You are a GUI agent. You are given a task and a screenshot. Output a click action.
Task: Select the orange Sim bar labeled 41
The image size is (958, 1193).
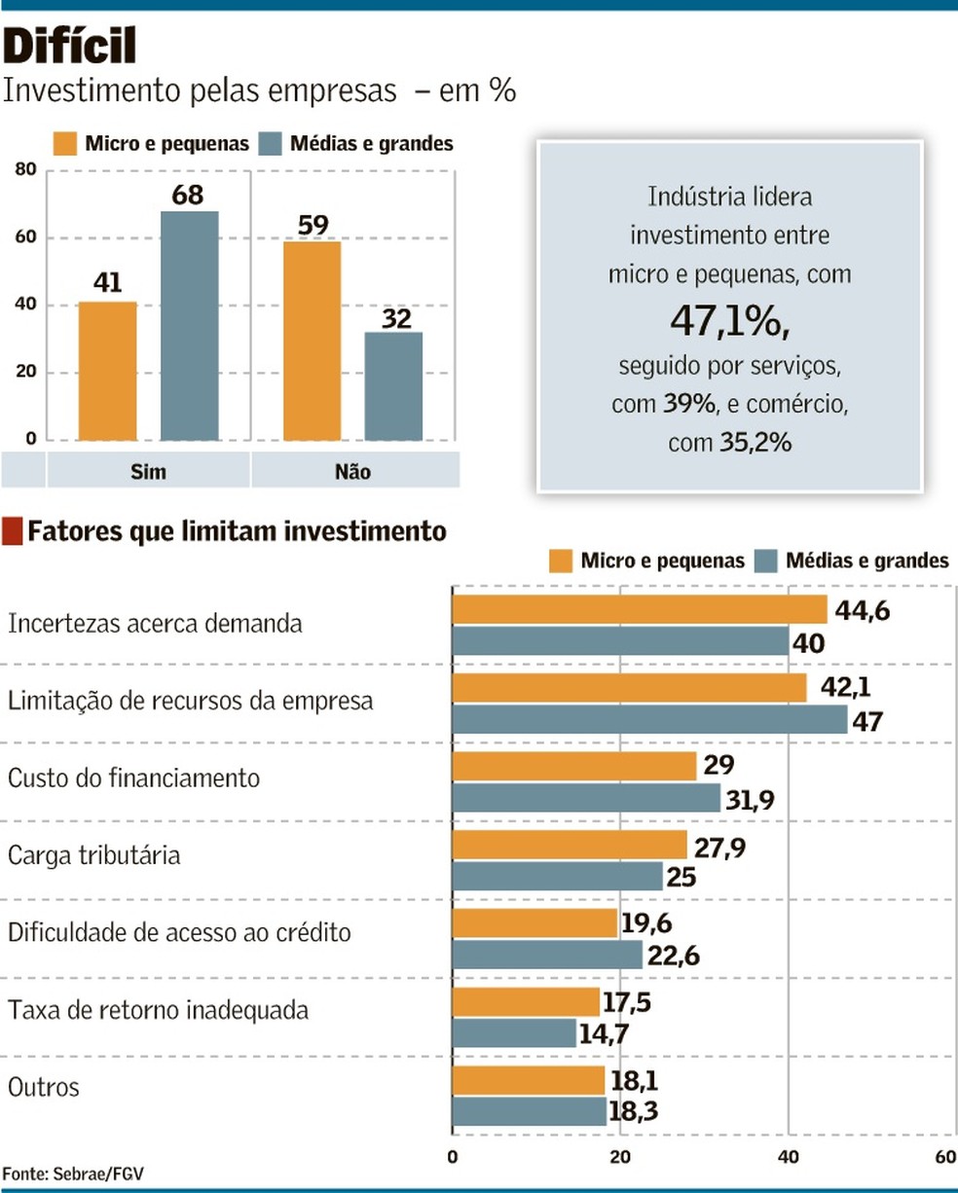pyautogui.click(x=107, y=371)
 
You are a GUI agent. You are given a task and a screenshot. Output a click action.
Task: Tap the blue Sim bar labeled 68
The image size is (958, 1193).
pyautogui.click(x=189, y=326)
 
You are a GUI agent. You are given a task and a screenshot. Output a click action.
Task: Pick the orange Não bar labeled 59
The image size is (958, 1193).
pyautogui.click(x=313, y=341)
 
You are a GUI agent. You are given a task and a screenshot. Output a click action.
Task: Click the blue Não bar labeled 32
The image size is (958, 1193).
pyautogui.click(x=394, y=386)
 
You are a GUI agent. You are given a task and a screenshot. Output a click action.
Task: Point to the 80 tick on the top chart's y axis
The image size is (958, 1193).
pyautogui.click(x=25, y=170)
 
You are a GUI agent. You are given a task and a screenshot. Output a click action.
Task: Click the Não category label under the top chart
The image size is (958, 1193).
pyautogui.click(x=352, y=472)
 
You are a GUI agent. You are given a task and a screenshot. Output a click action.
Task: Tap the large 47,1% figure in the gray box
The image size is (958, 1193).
pyautogui.click(x=728, y=321)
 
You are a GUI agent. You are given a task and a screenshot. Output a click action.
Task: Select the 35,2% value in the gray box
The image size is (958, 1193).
pyautogui.click(x=755, y=443)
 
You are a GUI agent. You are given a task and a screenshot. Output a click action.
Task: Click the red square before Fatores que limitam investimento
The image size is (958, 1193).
pyautogui.click(x=13, y=531)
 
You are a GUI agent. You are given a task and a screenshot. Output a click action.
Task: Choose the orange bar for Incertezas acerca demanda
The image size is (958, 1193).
pyautogui.click(x=639, y=610)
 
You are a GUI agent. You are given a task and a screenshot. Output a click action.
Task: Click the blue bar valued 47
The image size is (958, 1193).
pyautogui.click(x=649, y=719)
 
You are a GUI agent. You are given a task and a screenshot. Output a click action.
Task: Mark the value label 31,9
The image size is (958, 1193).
pyautogui.click(x=750, y=800)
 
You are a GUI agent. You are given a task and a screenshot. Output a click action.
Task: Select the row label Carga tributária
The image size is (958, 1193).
pyautogui.click(x=93, y=855)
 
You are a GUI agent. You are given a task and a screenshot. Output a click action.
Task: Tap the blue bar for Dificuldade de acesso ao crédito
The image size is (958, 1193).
pyautogui.click(x=547, y=955)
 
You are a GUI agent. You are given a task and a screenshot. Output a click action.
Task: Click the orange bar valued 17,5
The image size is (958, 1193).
pyautogui.click(x=526, y=1002)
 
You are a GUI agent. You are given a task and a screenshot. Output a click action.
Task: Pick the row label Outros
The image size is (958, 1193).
pyautogui.click(x=43, y=1087)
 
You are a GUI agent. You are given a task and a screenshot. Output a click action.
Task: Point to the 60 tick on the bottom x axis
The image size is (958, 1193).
pyautogui.click(x=944, y=1157)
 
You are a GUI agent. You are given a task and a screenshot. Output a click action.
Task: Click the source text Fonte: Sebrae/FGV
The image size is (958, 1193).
pyautogui.click(x=73, y=1174)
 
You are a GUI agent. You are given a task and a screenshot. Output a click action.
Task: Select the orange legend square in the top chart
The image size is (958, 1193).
pyautogui.click(x=65, y=144)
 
